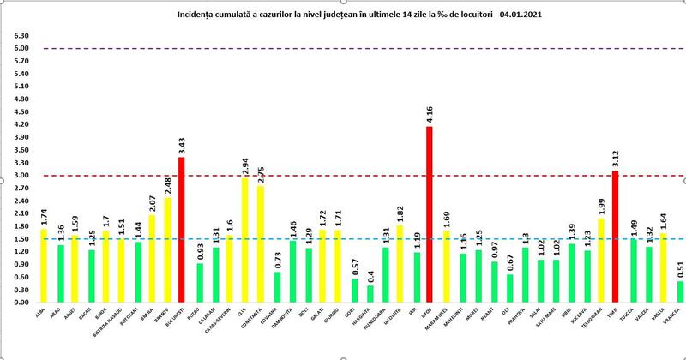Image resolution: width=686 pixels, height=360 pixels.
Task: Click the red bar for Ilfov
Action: (430, 214)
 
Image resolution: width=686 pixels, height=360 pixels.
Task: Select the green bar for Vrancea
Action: (680, 291)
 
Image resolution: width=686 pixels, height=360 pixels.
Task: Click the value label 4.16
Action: (430, 115)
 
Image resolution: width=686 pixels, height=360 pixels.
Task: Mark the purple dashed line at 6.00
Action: (343, 49)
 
